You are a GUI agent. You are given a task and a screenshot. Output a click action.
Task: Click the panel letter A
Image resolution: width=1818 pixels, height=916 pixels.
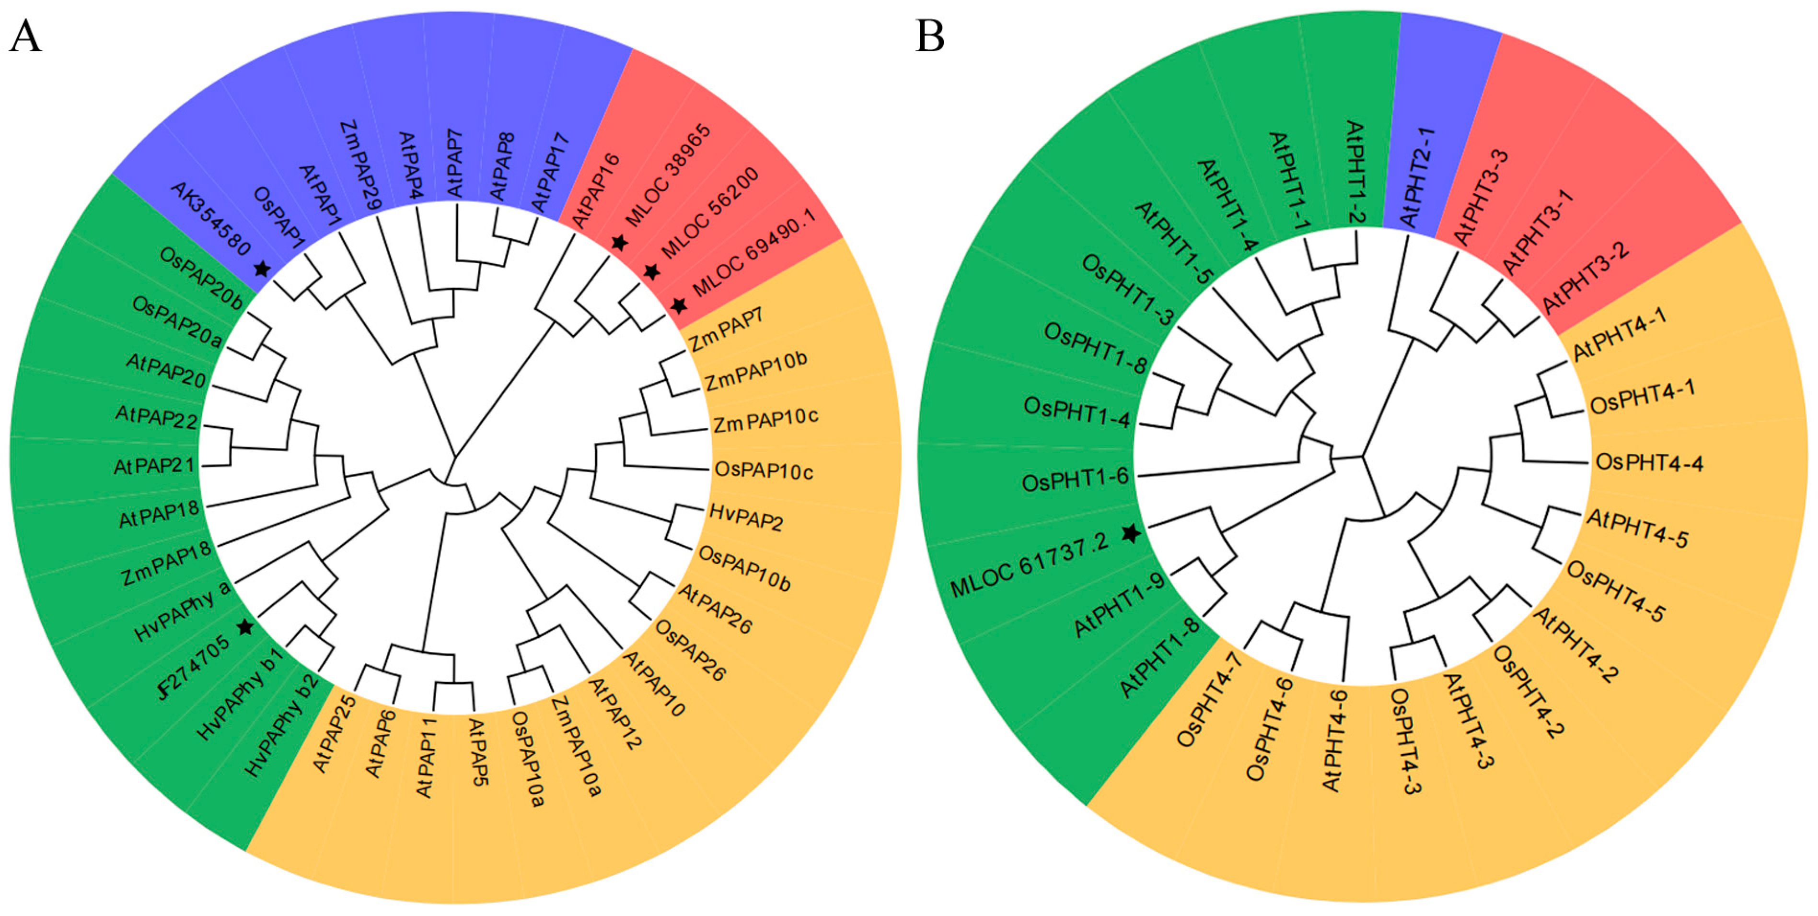tap(25, 37)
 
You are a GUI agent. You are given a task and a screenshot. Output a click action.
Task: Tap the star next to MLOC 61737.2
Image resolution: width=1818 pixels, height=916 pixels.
tap(1131, 533)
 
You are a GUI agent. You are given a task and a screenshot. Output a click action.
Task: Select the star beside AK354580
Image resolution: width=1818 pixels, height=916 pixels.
tap(262, 269)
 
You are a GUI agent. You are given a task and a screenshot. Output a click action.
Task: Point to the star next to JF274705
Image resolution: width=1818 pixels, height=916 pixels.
tap(245, 626)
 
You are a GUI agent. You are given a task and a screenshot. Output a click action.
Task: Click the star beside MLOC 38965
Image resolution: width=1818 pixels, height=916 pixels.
tap(619, 242)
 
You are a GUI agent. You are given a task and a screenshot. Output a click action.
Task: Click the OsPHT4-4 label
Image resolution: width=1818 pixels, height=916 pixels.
tap(1649, 463)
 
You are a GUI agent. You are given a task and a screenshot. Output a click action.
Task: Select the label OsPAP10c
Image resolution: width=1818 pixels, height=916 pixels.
tap(764, 470)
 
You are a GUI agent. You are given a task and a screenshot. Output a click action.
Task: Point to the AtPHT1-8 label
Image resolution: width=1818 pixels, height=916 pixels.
tap(1159, 657)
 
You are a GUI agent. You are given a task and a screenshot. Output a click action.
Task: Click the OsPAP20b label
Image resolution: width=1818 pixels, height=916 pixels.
tap(201, 278)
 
